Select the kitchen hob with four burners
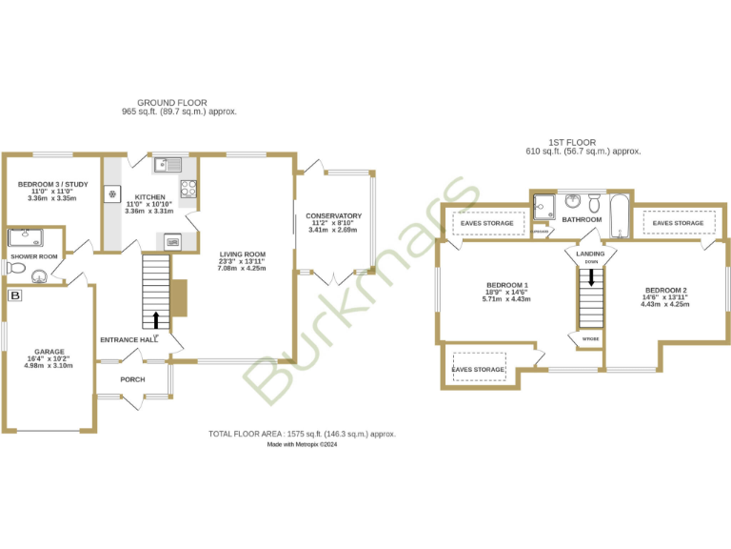click(x=188, y=188)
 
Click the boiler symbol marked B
click(x=14, y=296)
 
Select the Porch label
click(x=132, y=379)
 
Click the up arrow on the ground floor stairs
click(x=156, y=319)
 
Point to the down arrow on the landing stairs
click(x=592, y=276)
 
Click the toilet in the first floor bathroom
click(x=593, y=203)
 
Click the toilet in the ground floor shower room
click(x=15, y=269)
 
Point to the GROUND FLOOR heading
click(x=172, y=102)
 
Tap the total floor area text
click(x=302, y=434)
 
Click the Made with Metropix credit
click(x=302, y=444)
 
